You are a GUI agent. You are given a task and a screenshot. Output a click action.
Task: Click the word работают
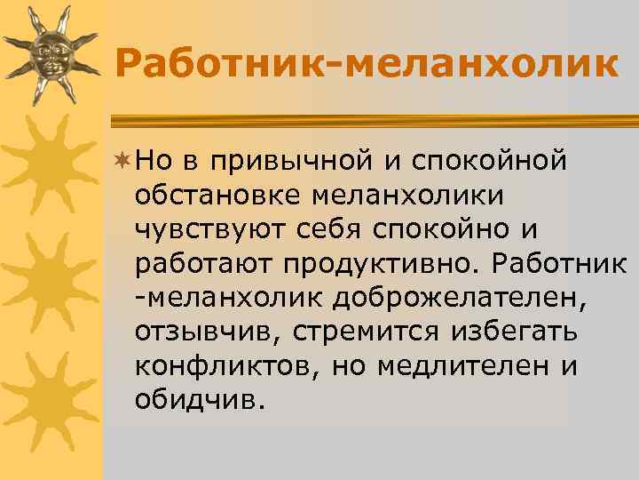203,263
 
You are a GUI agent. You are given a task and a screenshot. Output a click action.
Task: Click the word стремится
373,333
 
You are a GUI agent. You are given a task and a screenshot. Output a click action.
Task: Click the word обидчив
200,399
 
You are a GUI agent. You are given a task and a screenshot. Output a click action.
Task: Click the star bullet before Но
122,158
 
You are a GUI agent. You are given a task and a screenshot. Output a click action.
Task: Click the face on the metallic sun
49,56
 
